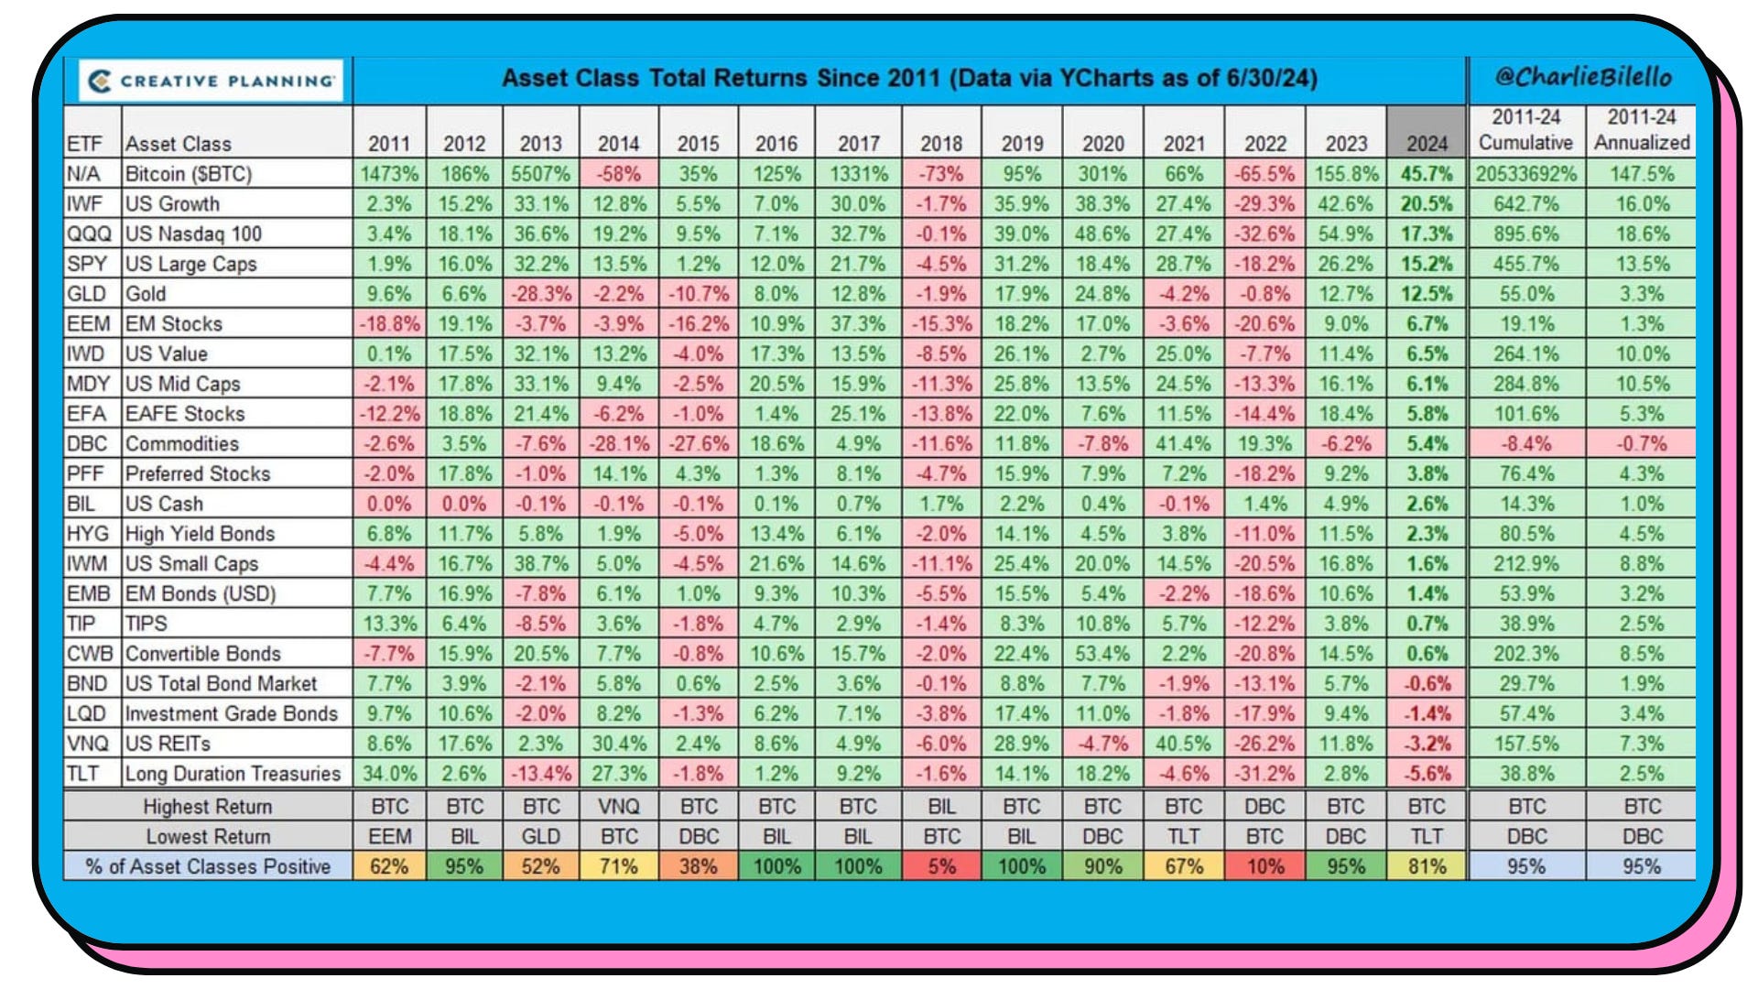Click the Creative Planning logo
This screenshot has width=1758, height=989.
point(211,81)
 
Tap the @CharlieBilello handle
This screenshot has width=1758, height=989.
point(1583,77)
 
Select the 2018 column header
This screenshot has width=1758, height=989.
point(941,144)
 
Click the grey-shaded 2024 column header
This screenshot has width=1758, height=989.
point(1427,144)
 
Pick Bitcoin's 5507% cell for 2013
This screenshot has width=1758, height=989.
point(541,174)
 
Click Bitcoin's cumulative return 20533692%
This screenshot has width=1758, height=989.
point(1525,174)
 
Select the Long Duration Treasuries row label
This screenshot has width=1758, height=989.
point(233,774)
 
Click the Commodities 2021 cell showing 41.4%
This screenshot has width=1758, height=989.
point(1183,444)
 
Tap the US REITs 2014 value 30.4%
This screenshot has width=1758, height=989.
point(619,744)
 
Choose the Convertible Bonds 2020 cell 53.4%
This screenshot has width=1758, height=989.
point(1102,654)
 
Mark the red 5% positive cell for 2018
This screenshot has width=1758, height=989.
point(941,866)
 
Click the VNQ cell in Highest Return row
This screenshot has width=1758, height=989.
point(619,807)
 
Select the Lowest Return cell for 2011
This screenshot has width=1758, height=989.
point(389,836)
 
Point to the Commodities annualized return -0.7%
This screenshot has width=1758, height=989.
point(1642,444)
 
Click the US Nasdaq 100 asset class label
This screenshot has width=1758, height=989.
point(193,234)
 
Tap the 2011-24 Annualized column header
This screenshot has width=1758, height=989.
point(1642,129)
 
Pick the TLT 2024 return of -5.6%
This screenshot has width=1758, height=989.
point(1427,774)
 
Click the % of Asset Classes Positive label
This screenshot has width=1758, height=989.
point(208,866)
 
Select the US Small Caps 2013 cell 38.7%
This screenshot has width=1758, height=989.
point(541,564)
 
